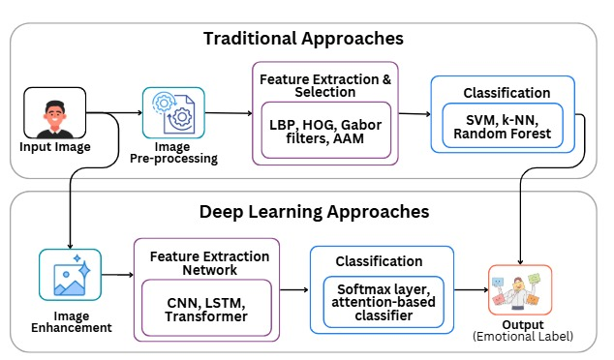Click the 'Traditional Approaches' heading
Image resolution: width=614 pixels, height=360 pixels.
click(303, 39)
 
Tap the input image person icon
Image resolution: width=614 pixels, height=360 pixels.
click(54, 113)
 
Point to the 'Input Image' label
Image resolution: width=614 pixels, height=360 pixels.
click(54, 147)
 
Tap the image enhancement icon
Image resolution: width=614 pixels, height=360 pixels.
click(70, 275)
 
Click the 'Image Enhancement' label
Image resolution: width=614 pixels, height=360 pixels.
click(71, 320)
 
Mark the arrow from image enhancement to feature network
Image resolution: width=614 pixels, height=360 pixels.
click(117, 276)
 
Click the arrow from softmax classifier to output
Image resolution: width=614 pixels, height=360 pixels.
click(469, 288)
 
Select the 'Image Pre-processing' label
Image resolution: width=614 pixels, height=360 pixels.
click(175, 153)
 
